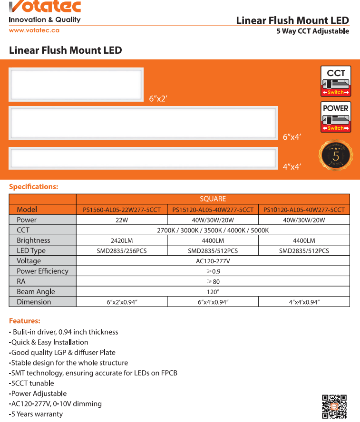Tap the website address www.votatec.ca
[34, 30]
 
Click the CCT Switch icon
[336, 81]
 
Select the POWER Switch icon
[336, 116]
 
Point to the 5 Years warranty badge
[336, 155]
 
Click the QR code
[334, 406]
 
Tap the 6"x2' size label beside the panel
[158, 99]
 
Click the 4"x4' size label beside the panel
[292, 167]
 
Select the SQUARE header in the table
[213, 199]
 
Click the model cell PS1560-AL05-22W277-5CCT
[122, 210]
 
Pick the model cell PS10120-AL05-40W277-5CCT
[304, 210]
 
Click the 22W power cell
[122, 220]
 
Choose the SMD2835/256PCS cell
[122, 251]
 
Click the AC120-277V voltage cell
[213, 261]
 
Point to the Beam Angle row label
[36, 292]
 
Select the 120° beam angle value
[213, 292]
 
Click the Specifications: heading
[34, 186]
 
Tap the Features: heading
[25, 321]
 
